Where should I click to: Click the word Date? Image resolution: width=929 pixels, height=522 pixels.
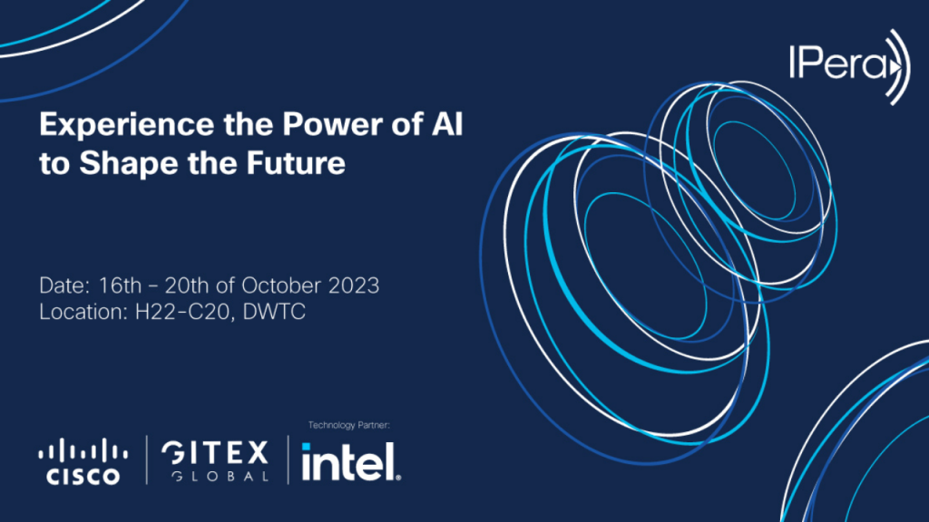[x=61, y=285]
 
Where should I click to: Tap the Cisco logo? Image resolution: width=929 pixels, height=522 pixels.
[x=83, y=461]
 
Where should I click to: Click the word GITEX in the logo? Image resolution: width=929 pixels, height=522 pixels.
[x=214, y=453]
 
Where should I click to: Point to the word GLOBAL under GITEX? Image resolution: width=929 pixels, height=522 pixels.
[x=214, y=477]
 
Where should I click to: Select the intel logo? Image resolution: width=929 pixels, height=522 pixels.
[x=350, y=463]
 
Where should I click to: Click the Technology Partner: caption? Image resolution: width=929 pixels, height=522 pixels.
[x=349, y=424]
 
